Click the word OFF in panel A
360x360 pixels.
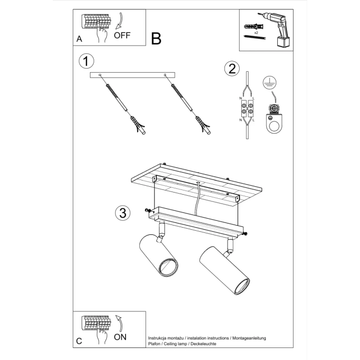(122, 36)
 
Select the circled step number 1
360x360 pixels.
(86, 61)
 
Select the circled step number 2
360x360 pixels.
(232, 69)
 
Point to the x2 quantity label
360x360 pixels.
(257, 32)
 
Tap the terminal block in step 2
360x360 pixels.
(246, 109)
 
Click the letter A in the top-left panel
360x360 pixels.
(79, 39)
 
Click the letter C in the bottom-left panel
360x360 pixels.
(79, 341)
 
